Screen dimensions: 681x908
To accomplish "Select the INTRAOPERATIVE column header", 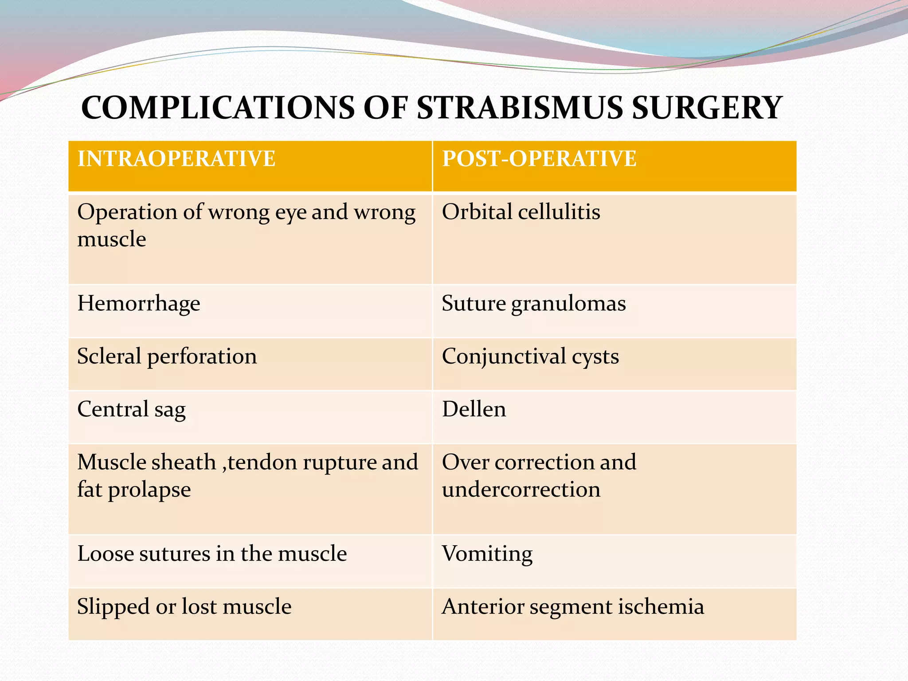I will click(x=176, y=159).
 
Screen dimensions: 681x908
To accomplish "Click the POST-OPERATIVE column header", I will click(x=539, y=159).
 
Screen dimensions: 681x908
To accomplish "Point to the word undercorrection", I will click(x=521, y=489).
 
